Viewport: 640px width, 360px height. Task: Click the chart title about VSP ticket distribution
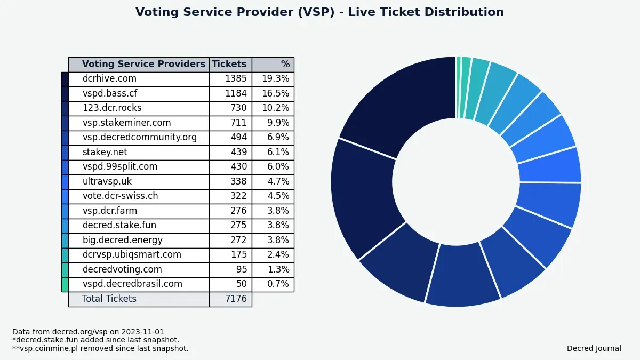click(319, 12)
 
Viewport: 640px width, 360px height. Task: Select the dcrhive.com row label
click(109, 79)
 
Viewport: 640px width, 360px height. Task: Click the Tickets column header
click(229, 65)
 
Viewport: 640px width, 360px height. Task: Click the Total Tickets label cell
click(109, 299)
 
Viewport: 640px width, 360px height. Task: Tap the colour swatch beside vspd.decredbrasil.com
click(65, 284)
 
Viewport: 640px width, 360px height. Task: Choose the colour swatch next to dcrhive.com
click(65, 79)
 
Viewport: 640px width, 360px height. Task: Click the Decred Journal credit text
click(594, 349)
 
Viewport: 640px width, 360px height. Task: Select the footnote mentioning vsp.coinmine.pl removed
click(100, 349)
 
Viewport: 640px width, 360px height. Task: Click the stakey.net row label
click(105, 153)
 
